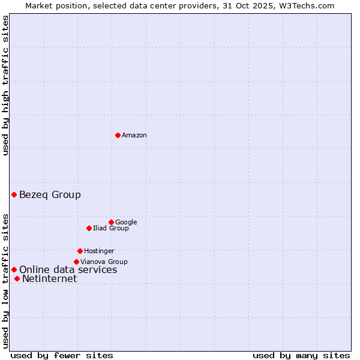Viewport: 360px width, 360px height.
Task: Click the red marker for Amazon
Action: (118, 135)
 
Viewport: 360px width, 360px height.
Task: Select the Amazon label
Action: (134, 136)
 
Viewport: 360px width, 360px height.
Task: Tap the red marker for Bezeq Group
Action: (14, 194)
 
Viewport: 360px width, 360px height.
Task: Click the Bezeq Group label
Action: (50, 194)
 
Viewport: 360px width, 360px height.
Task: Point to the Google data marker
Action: (111, 222)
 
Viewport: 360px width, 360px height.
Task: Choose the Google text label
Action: (126, 222)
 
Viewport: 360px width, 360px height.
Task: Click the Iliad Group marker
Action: (89, 228)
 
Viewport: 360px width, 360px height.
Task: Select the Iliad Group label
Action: (111, 228)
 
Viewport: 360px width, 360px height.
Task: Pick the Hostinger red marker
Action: (80, 251)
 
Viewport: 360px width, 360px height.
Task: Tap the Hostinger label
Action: (99, 251)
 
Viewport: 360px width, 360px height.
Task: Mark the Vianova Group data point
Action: (76, 262)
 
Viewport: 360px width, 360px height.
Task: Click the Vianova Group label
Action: (104, 262)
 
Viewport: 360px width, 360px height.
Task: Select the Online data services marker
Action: (14, 269)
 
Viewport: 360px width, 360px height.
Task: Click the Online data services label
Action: (68, 270)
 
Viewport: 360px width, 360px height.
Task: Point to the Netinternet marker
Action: (17, 278)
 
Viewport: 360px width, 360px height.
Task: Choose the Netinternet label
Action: (50, 279)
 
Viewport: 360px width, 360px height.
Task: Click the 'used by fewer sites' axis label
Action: (62, 355)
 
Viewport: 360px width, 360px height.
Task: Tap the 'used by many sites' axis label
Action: (301, 355)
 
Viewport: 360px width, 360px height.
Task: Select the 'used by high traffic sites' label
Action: (6, 85)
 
